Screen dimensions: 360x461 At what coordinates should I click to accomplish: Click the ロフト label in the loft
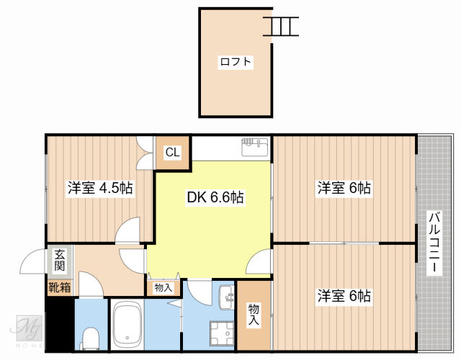coord(236,62)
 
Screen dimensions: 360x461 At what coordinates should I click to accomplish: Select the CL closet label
coord(173,152)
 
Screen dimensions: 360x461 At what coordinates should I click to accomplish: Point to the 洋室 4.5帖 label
coord(100,189)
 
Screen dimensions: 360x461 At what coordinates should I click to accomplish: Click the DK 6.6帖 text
coord(215,197)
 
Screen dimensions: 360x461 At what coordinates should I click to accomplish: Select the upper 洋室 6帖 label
coord(344,189)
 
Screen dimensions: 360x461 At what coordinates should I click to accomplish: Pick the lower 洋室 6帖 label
coord(344,296)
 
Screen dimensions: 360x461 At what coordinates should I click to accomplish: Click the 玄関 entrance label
coord(59,261)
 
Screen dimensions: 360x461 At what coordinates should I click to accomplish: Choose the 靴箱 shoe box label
coord(59,288)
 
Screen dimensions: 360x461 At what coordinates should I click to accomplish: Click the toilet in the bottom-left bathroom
coord(91,338)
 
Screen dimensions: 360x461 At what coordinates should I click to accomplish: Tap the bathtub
coord(127,325)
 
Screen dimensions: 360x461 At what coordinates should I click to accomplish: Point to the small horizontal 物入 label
coord(164,288)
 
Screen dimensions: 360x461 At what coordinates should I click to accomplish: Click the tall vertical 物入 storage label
coord(254,316)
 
